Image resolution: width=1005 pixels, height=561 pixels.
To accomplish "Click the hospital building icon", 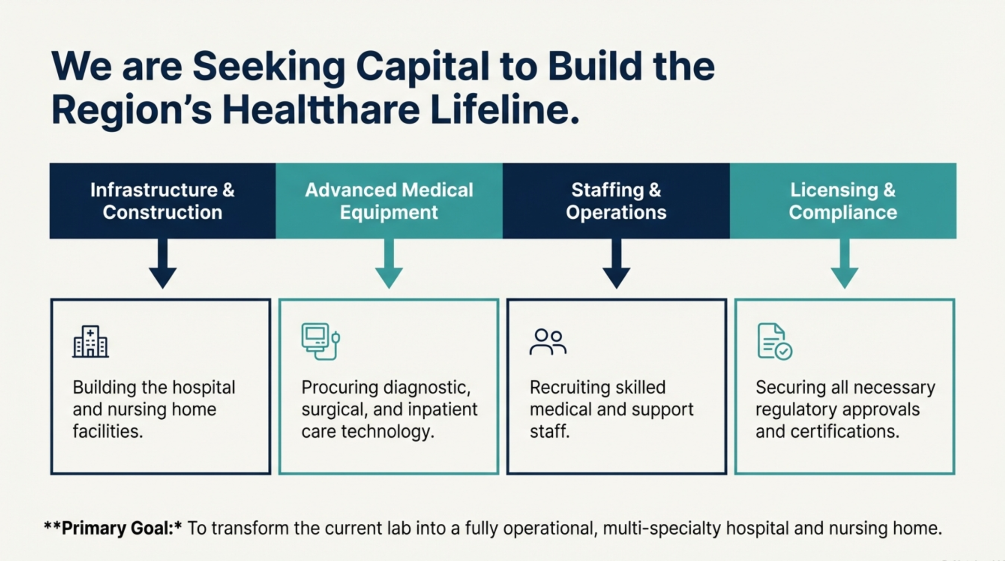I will [x=90, y=341].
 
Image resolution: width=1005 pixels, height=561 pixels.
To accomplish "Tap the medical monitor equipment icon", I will [x=320, y=341].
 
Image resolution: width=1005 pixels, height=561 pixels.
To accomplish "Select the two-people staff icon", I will [x=548, y=342].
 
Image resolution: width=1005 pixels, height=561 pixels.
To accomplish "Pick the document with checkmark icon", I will [x=774, y=341].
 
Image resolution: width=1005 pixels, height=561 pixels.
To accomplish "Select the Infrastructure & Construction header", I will [x=163, y=201].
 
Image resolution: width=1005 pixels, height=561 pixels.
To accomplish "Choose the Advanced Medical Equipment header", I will [x=389, y=201].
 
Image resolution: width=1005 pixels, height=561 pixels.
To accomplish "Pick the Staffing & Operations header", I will [x=616, y=201].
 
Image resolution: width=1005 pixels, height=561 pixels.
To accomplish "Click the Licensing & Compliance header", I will [x=843, y=201].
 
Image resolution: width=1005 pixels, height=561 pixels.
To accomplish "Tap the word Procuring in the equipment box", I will [x=340, y=387].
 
